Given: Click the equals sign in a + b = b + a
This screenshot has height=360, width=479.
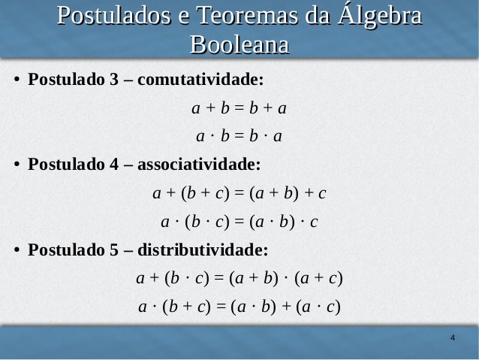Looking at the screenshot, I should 239,109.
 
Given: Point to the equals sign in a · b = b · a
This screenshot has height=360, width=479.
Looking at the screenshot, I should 239,137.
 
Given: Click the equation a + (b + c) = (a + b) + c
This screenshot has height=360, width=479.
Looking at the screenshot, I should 239,193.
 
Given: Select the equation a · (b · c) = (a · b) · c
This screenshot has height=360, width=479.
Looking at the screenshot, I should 239,222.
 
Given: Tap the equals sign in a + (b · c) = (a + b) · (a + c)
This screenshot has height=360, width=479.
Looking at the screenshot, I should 220,279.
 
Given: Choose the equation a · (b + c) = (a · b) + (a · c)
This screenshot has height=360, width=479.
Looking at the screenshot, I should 239,307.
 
